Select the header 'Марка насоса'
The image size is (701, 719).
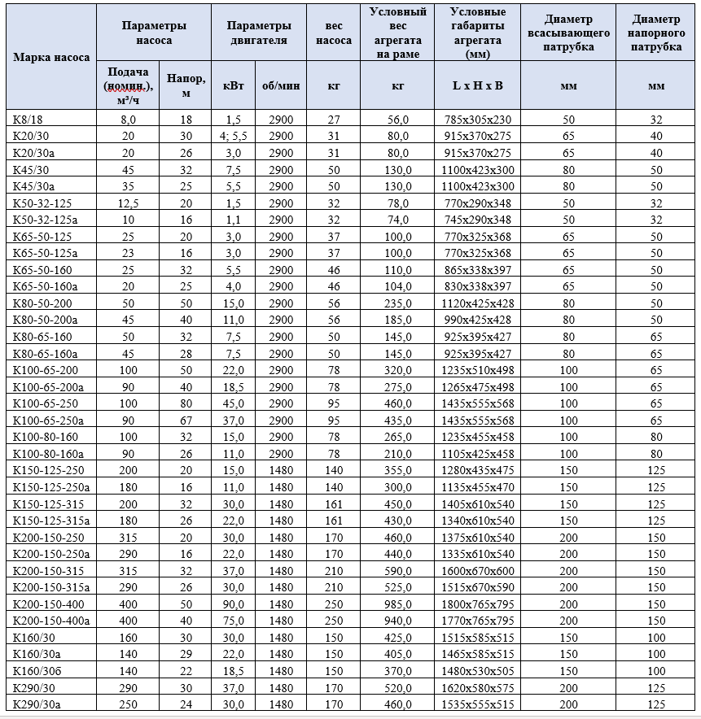point(51,58)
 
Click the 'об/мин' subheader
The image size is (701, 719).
point(280,85)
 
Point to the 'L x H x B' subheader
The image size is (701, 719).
point(477,85)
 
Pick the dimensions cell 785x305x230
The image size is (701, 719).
point(477,119)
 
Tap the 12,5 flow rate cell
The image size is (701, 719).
point(128,203)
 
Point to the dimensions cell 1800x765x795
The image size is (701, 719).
point(477,604)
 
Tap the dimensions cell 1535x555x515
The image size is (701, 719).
point(477,704)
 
